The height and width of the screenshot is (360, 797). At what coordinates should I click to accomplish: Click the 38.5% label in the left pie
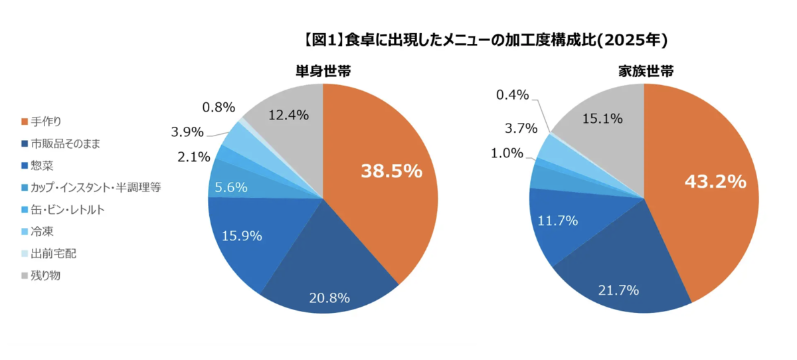[x=391, y=171]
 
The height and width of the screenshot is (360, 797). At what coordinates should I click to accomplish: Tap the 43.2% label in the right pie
[x=715, y=182]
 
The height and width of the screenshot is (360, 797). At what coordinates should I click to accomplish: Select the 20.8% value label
[x=329, y=298]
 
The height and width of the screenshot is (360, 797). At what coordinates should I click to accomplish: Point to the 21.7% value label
[x=618, y=290]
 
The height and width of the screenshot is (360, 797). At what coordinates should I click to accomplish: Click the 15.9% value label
[x=241, y=236]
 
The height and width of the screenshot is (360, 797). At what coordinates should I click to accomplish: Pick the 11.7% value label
[x=557, y=220]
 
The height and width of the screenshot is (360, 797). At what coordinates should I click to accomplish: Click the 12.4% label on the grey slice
[x=288, y=115]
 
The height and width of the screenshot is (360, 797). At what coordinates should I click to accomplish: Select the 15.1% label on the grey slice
[x=602, y=119]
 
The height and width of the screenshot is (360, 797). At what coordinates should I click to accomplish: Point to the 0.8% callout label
[x=219, y=106]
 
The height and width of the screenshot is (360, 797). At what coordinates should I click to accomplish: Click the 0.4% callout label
[x=512, y=95]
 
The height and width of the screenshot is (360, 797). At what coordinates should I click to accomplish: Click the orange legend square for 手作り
[x=25, y=122]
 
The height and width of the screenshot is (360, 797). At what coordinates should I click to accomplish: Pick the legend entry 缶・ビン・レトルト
[x=68, y=210]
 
